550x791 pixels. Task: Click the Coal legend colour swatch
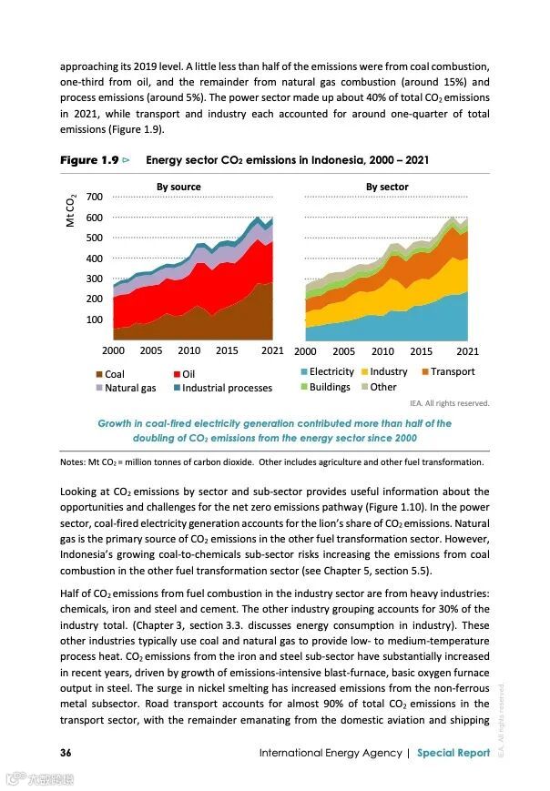(99, 374)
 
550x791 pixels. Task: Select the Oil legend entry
(188, 374)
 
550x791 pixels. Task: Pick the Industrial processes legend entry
(227, 388)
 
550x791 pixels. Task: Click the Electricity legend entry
(331, 371)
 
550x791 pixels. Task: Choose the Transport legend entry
(453, 371)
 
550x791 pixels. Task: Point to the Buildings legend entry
(329, 387)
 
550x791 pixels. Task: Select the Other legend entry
(383, 387)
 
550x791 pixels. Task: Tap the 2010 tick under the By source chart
(189, 350)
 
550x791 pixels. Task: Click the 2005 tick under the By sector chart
(344, 350)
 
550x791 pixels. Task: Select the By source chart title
(178, 187)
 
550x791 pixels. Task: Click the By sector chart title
(387, 187)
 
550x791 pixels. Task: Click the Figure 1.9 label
(89, 160)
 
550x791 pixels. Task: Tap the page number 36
(66, 753)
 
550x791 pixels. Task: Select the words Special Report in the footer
(453, 753)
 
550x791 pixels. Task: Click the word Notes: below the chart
(73, 461)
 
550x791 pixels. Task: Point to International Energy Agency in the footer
(331, 753)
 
